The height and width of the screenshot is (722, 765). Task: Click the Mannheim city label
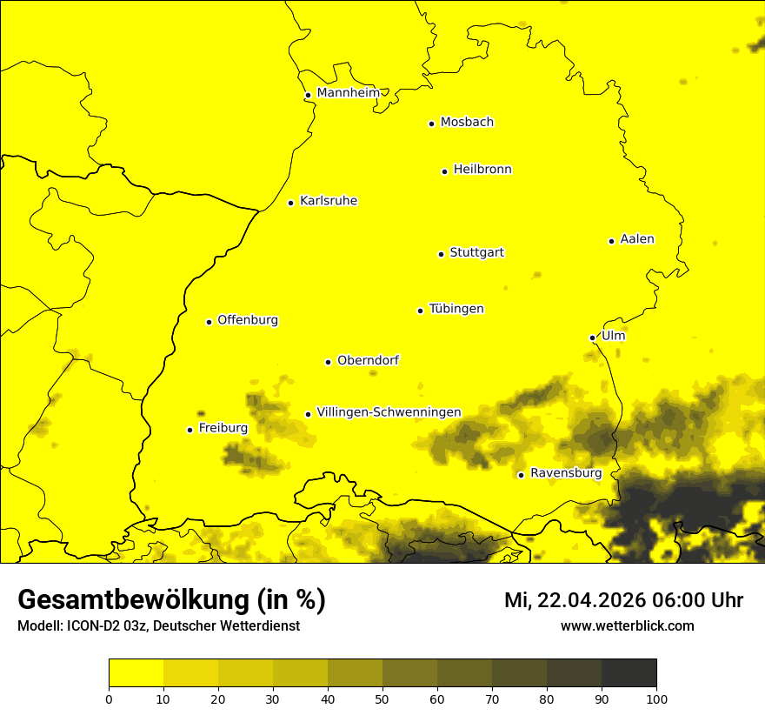coord(348,92)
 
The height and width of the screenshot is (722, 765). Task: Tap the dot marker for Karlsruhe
coord(290,203)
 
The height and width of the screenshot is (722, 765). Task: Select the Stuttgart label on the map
coord(476,252)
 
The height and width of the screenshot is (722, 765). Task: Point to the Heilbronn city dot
coord(444,171)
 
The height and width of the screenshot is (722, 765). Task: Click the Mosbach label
coord(467,122)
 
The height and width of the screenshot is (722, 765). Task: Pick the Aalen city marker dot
coord(611,241)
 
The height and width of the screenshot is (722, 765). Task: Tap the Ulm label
coord(613,336)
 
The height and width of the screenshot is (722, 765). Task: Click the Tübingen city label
coord(456,309)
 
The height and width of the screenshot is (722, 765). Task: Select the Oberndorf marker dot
coord(328,362)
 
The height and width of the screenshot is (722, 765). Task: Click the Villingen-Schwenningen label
coord(389,412)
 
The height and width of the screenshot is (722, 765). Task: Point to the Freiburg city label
coord(223,428)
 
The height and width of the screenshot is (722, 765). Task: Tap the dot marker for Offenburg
coord(209,322)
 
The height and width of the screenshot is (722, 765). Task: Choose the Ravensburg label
coord(566,473)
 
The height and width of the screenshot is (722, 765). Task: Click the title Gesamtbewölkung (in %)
coord(171,600)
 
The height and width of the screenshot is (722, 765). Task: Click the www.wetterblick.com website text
coord(627,626)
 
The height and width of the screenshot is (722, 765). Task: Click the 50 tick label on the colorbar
coord(382,699)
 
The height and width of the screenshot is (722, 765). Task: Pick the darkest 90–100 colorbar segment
coord(629,673)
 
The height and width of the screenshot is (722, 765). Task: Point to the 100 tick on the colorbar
coord(656,699)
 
